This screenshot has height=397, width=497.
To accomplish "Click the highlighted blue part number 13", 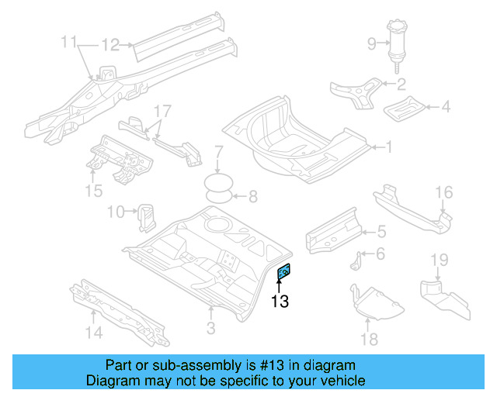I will [x=284, y=271].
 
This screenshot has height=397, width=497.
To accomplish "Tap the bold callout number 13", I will [x=280, y=302].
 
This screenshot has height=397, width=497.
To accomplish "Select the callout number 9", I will [x=371, y=43].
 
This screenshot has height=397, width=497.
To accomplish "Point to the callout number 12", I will [x=111, y=44].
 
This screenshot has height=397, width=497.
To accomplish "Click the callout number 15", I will [x=93, y=190].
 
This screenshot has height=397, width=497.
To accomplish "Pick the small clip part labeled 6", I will [x=356, y=262].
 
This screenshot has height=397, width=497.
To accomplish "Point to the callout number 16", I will [x=443, y=192].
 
